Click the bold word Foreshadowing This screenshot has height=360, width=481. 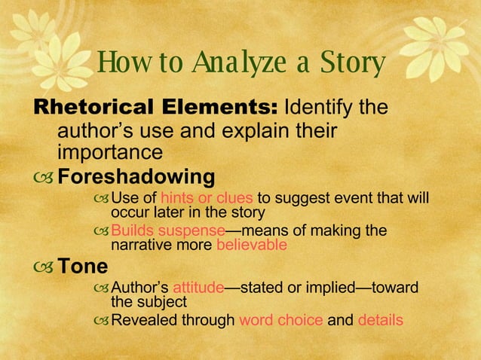click(x=136, y=178)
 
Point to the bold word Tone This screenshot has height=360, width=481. click(x=83, y=267)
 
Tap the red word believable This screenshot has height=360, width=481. click(x=252, y=245)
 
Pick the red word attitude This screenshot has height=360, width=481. click(x=198, y=288)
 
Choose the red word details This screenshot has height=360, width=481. click(x=380, y=320)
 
